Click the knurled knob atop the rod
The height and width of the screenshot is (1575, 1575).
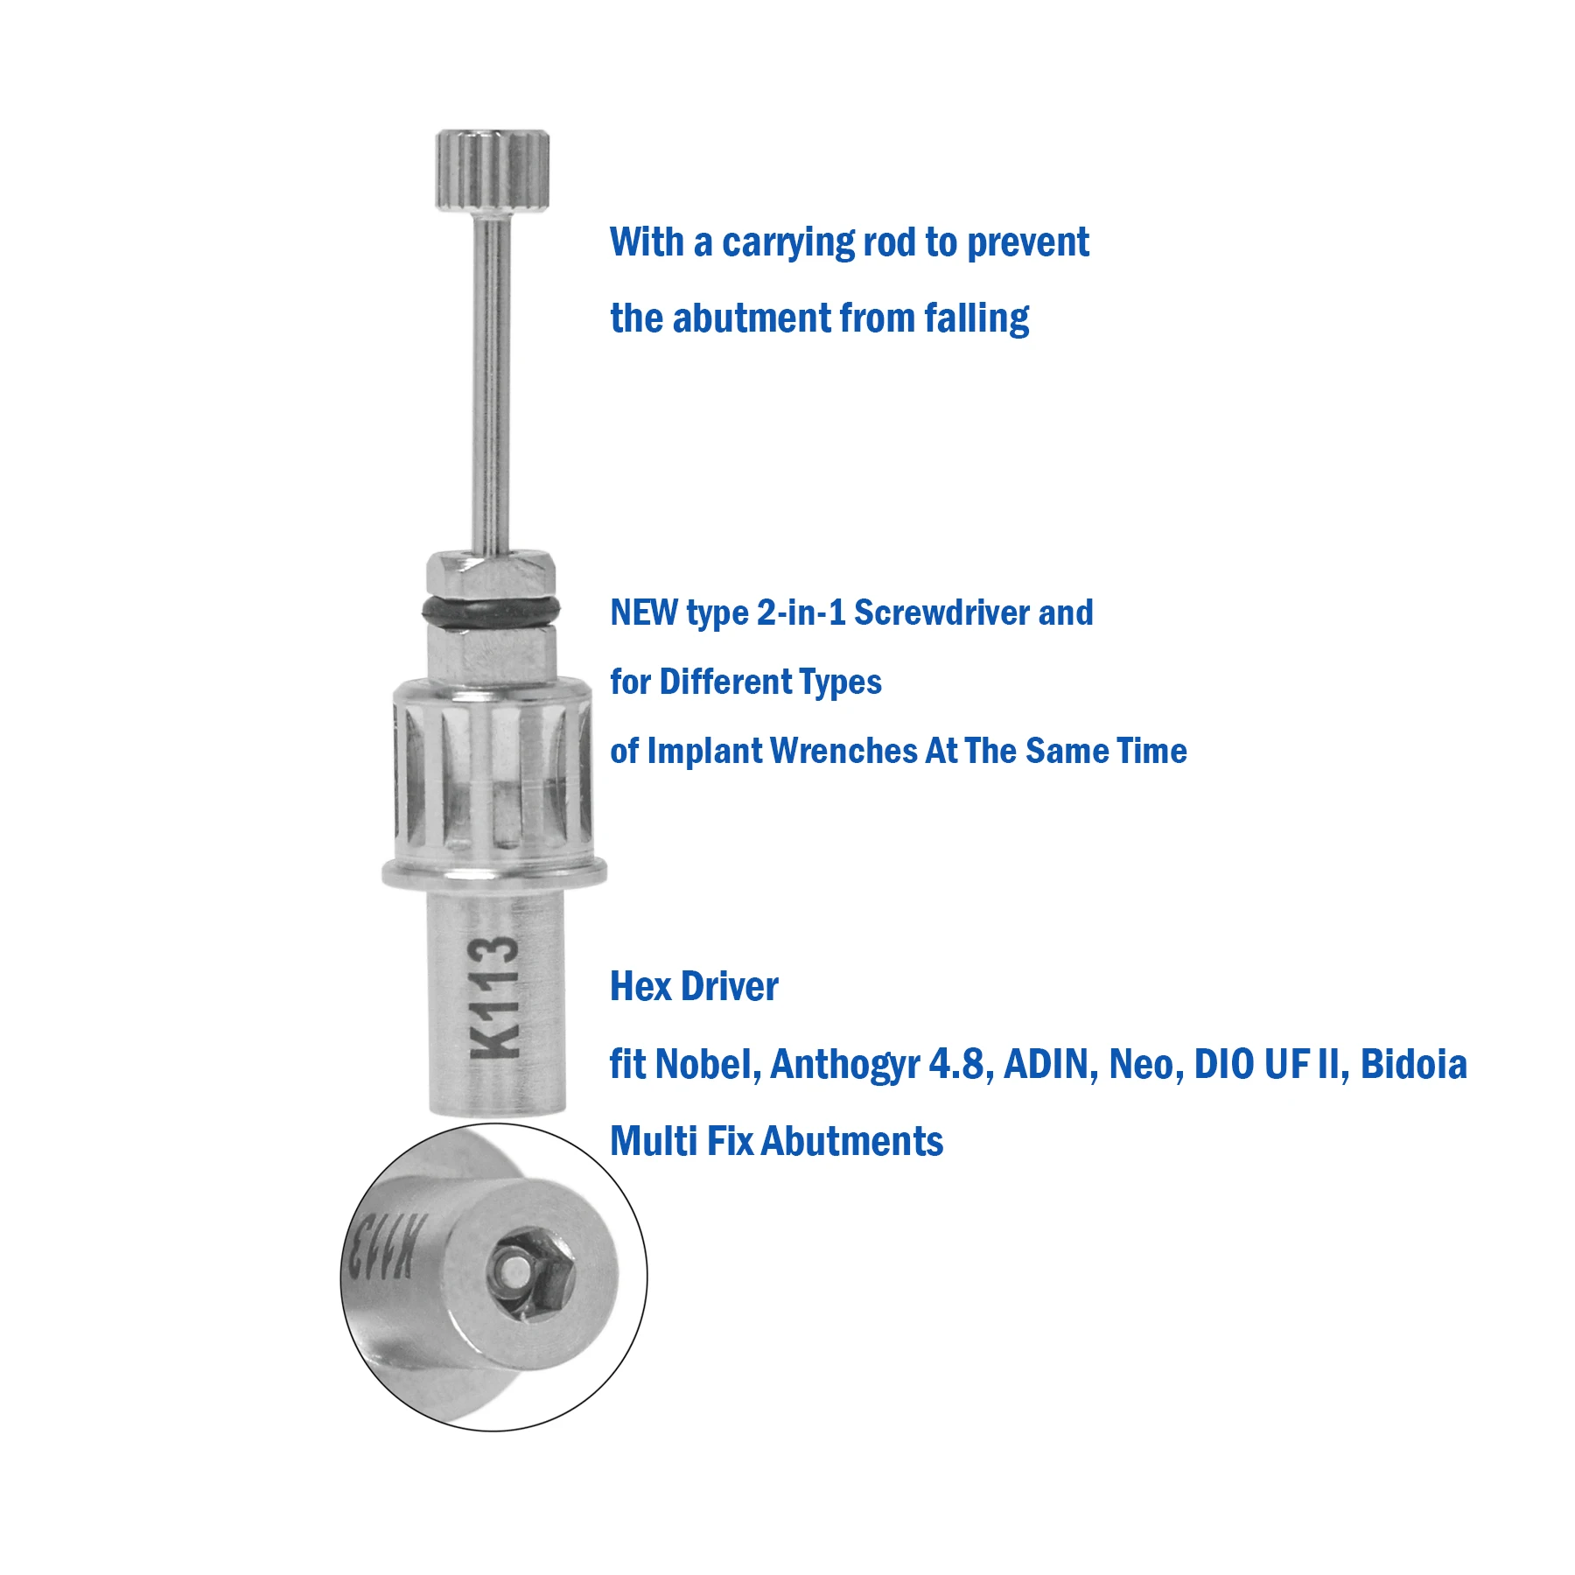pyautogui.click(x=493, y=171)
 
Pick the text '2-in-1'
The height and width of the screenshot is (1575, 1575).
pyautogui.click(x=801, y=613)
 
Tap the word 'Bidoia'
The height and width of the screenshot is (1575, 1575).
pyautogui.click(x=1413, y=1065)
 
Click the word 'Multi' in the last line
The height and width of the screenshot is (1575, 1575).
pyautogui.click(x=653, y=1142)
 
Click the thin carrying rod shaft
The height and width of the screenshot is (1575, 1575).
pyautogui.click(x=491, y=385)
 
